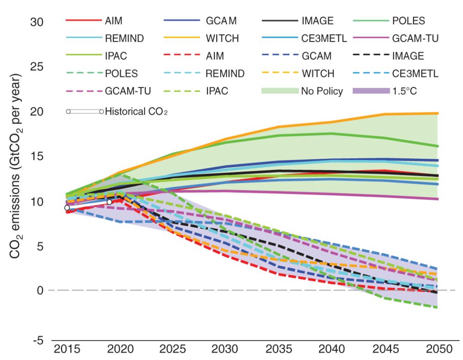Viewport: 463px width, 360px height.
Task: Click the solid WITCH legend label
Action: [222, 38]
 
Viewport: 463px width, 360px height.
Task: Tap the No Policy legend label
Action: [322, 91]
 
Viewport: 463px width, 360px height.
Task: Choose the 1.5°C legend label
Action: [405, 91]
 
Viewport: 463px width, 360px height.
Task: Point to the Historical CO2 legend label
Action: [136, 112]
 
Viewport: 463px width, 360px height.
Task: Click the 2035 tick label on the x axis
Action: [281, 348]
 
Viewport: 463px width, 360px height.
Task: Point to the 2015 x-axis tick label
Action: [68, 348]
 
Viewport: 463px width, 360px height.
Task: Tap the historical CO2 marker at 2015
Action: [67, 208]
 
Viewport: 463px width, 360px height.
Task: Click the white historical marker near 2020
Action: [109, 202]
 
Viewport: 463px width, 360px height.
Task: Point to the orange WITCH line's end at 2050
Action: [438, 113]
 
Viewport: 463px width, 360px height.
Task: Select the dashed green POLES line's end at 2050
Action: [438, 307]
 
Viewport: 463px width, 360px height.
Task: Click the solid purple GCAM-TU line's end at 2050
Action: [438, 199]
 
